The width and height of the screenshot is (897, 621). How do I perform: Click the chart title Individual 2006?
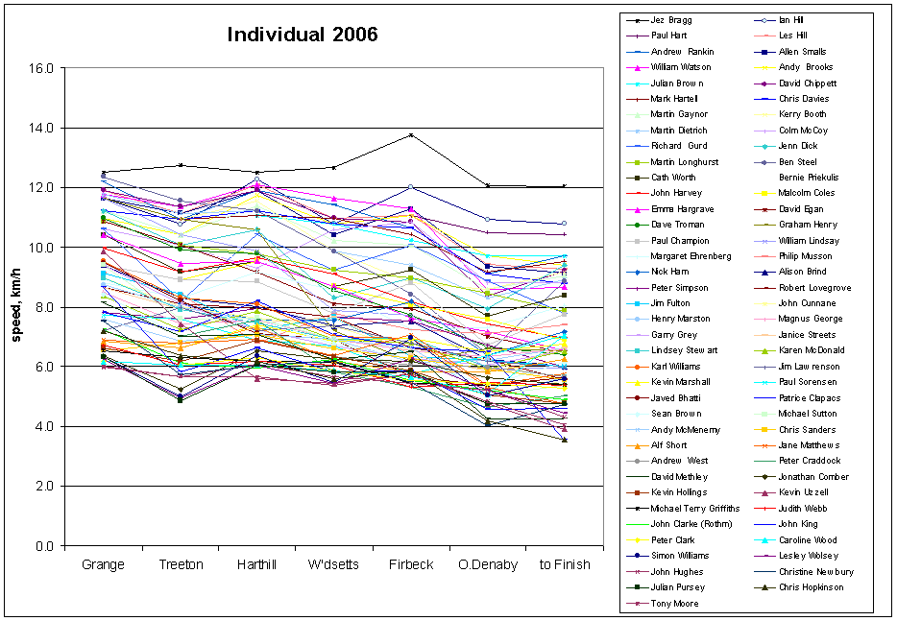point(303,35)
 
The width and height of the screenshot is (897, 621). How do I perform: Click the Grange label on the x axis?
point(104,564)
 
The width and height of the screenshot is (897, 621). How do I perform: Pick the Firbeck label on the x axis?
point(410,564)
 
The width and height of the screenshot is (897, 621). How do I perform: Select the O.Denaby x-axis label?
point(487,564)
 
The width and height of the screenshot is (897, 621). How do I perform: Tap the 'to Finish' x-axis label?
point(564,564)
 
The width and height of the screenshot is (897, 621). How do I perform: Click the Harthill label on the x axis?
point(256,564)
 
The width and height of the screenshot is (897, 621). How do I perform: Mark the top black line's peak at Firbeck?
point(411,135)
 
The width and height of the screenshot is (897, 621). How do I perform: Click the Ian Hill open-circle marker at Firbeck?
point(411,187)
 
